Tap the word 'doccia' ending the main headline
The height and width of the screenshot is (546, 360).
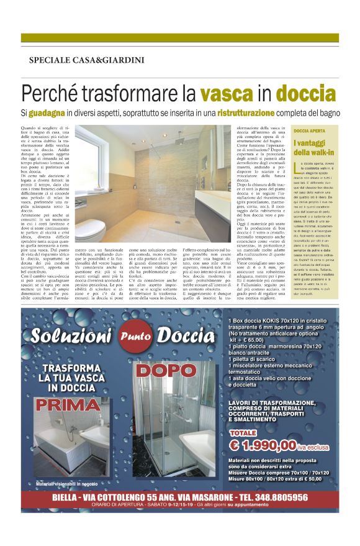click(307, 94)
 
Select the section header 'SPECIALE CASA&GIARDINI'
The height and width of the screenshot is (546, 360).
click(86, 60)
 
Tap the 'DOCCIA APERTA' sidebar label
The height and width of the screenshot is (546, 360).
click(309, 132)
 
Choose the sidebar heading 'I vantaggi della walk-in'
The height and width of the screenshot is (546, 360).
click(310, 148)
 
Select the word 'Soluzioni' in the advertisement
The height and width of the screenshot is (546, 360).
click(75, 336)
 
